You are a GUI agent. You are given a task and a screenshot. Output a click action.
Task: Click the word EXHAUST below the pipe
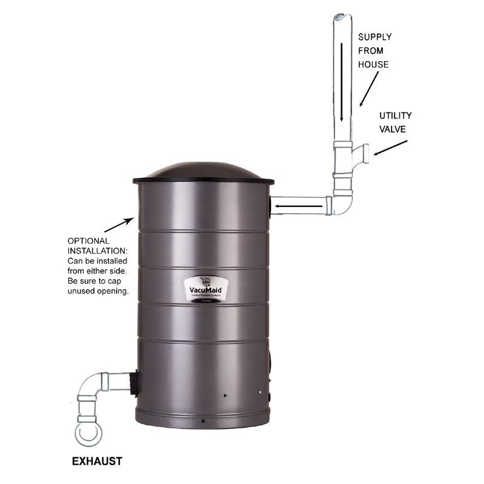(97, 461)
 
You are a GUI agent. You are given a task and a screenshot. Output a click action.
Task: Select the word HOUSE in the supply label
(374, 65)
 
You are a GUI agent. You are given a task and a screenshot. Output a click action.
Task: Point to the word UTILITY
(395, 115)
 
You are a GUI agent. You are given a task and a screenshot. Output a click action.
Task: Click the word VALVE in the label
(392, 128)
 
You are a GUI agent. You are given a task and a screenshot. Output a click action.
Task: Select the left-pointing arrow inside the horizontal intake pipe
(296, 209)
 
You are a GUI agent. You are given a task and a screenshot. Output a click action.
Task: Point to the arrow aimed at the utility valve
(391, 148)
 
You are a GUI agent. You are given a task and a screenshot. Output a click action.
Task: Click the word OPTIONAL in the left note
(89, 241)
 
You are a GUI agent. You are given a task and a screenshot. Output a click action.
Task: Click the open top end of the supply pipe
(341, 18)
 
